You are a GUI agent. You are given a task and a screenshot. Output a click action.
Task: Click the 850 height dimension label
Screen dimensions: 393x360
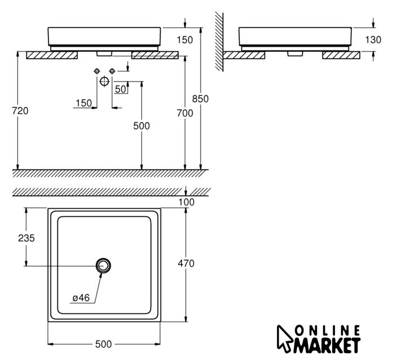click(200, 99)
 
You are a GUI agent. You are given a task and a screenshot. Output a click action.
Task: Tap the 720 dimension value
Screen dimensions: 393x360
click(20, 111)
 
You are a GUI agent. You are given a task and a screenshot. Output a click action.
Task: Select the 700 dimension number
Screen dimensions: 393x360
click(185, 114)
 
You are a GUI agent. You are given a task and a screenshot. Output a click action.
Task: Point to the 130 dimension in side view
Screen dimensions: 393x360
click(373, 39)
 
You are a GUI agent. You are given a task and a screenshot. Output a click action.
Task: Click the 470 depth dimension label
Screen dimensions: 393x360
click(186, 263)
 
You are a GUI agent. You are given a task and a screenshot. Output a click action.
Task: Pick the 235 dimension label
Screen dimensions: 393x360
click(26, 238)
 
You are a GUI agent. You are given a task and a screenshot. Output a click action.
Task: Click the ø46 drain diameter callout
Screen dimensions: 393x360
click(81, 298)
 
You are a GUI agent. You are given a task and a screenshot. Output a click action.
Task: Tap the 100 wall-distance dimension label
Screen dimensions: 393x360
click(186, 202)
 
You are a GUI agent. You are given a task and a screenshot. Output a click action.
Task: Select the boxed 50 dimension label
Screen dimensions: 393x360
click(120, 89)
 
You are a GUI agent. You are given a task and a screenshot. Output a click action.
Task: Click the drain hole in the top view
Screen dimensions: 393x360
click(103, 265)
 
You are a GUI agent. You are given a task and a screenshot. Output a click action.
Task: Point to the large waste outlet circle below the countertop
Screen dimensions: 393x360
click(105, 81)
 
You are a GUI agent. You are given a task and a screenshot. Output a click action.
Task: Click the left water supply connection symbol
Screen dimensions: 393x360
click(97, 71)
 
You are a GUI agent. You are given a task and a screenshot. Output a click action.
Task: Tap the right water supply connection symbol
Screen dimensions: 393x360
click(112, 71)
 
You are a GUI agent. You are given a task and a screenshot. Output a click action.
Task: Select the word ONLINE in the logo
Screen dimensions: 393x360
click(327, 330)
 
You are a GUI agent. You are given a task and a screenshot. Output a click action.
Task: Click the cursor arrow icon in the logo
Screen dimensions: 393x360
click(284, 339)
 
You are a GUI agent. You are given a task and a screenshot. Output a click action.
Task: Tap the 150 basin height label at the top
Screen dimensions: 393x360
click(185, 40)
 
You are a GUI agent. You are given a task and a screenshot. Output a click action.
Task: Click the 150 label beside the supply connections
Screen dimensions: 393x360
click(84, 103)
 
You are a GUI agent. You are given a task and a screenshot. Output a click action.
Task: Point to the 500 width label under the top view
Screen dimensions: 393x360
click(104, 344)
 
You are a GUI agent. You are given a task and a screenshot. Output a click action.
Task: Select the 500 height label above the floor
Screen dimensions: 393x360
click(141, 126)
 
